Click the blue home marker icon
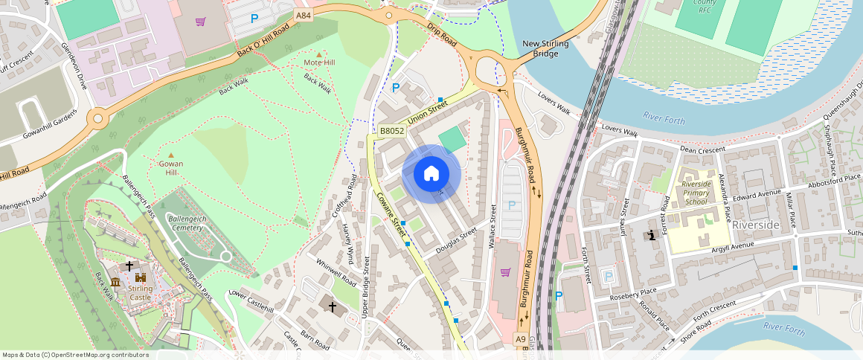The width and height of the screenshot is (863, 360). (x=431, y=174)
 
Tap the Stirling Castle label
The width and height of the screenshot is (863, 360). (x=140, y=292)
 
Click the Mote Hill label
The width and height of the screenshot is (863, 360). (x=319, y=62)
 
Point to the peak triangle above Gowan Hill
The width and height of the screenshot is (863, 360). (x=170, y=154)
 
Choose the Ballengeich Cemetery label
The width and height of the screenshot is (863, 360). (x=185, y=224)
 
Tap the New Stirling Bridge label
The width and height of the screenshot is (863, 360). (x=545, y=49)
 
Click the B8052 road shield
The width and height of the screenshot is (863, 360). (x=392, y=131)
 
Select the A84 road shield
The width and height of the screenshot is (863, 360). (x=303, y=16)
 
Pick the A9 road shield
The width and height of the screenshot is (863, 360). (x=521, y=338)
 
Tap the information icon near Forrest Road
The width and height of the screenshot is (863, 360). (x=652, y=236)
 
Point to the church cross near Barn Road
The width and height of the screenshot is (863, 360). (x=333, y=306)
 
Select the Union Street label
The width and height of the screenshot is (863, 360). (x=428, y=114)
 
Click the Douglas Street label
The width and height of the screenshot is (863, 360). (x=455, y=242)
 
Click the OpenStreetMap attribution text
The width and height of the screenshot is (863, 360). (x=75, y=355)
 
